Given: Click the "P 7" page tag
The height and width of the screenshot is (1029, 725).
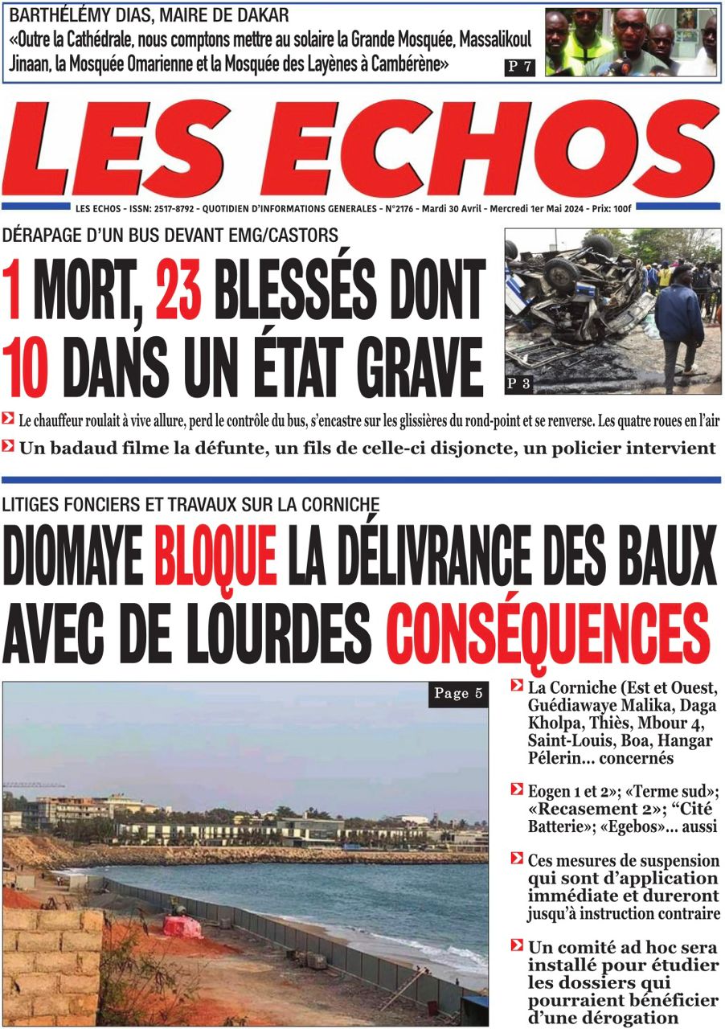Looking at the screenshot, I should (520, 68).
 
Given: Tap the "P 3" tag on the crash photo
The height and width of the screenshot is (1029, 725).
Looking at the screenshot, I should (518, 384).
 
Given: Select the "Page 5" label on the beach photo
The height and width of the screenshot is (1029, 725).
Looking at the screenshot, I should (458, 694).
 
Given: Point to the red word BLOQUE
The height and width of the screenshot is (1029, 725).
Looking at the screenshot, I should (215, 555).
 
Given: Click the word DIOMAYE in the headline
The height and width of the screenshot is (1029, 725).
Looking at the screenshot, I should (72, 555).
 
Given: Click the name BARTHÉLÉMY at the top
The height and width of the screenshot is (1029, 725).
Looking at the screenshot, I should (56, 16).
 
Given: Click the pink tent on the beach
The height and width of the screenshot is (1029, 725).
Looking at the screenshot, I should (182, 926).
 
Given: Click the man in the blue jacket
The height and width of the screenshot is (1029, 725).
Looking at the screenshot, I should (679, 322).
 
